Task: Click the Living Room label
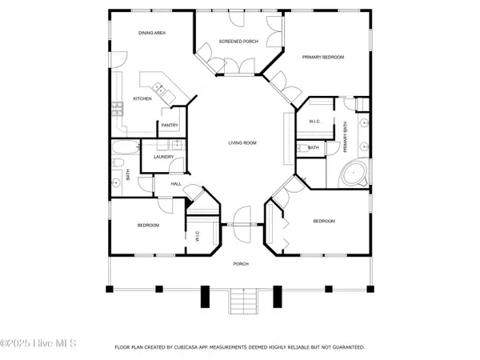pos(241,143)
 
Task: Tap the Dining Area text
pos(152,32)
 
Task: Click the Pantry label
pos(170,125)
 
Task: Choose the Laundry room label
pos(164,158)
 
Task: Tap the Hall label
pos(176,184)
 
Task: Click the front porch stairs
pos(241,302)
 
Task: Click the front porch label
pos(241,264)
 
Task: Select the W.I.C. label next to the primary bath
pos(314,121)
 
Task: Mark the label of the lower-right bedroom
pos(323,222)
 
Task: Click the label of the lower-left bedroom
pos(148,226)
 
